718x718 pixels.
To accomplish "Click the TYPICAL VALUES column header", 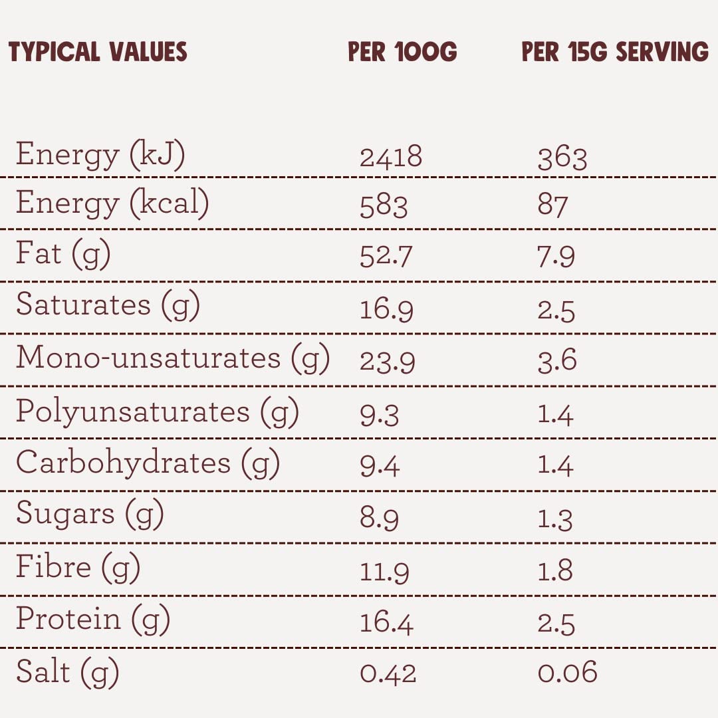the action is (x=98, y=51).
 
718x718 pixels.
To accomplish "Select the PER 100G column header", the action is (x=402, y=51).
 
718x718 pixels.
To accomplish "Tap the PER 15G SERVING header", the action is (x=615, y=51).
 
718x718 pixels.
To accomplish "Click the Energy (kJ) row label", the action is (x=100, y=155).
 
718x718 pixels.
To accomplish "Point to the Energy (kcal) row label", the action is (x=112, y=204).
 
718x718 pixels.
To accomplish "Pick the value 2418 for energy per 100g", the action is (x=391, y=157).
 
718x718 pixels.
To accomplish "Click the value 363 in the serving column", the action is (x=562, y=158).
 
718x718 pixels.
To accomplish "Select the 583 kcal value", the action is (x=384, y=206).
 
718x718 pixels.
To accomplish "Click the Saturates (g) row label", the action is (x=108, y=306).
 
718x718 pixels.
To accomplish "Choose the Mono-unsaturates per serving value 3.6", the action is (x=557, y=360).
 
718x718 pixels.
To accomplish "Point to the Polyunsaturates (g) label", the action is (x=158, y=412).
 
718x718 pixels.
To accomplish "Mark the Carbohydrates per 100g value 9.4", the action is (x=380, y=465).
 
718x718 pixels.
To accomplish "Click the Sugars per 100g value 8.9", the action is (x=379, y=518).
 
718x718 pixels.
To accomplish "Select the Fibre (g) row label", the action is (x=78, y=568).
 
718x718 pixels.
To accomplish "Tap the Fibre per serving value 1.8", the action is (x=555, y=570).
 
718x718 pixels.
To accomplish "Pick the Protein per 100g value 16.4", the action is (x=386, y=623).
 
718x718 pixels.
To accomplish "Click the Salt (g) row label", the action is (x=67, y=673).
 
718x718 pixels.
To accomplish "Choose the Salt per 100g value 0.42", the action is (x=388, y=674).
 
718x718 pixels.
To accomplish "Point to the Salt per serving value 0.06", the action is (x=567, y=672).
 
